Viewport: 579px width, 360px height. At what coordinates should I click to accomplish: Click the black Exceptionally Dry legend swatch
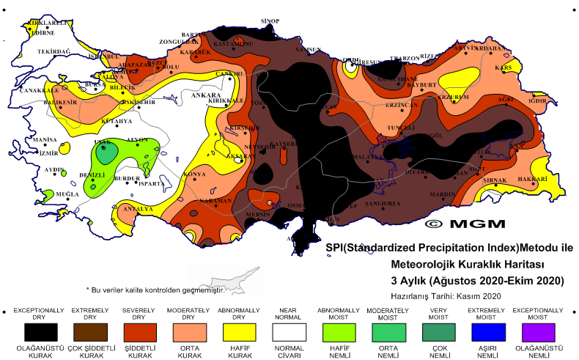coord(38,331)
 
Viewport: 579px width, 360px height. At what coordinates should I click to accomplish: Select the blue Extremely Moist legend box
coord(489,331)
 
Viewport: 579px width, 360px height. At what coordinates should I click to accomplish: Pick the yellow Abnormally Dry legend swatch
coord(238,331)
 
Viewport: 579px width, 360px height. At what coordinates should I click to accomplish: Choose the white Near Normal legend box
coord(288,331)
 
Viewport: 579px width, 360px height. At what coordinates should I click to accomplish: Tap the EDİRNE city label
coord(41,33)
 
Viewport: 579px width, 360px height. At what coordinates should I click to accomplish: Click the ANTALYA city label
coord(137,209)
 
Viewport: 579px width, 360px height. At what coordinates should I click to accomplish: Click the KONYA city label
coord(194,175)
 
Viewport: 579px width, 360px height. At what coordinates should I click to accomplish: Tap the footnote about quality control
coord(155,290)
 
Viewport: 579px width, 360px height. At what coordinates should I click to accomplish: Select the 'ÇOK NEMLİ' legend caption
coord(439,353)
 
